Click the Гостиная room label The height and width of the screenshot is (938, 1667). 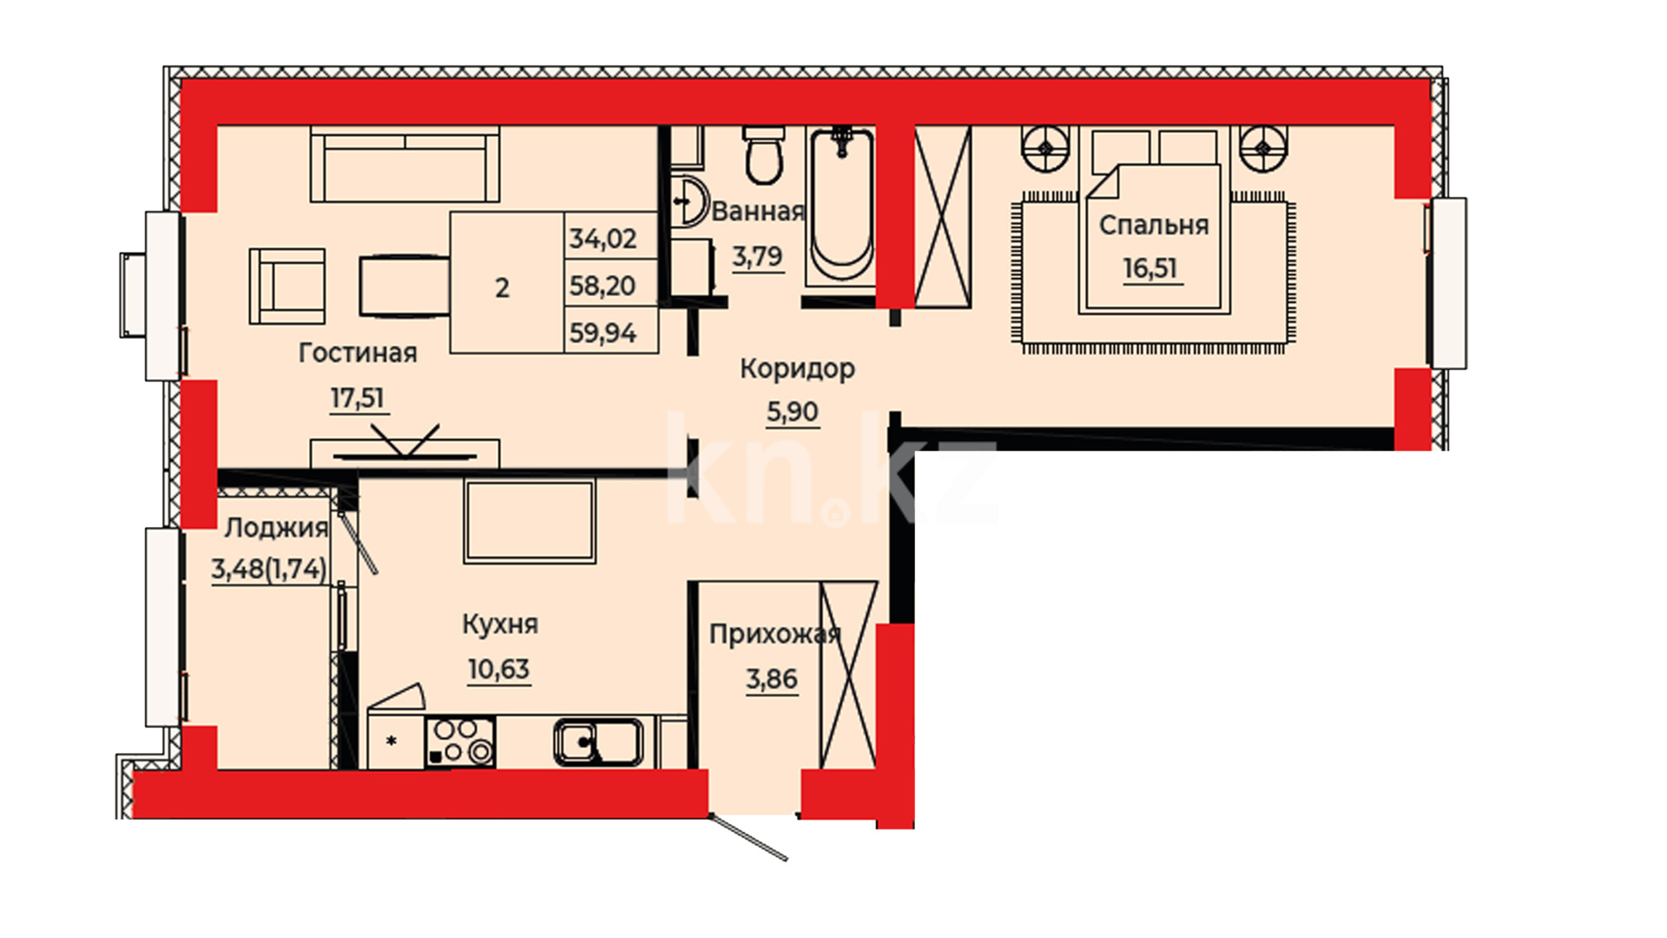click(358, 353)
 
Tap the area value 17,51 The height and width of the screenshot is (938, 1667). click(357, 398)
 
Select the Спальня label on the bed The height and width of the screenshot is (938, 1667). click(1154, 226)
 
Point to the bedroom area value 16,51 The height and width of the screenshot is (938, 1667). click(1150, 268)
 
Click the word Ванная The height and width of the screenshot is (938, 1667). click(758, 212)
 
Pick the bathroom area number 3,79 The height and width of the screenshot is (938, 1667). click(757, 256)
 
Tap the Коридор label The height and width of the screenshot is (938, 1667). click(797, 368)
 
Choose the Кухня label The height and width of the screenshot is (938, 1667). click(500, 624)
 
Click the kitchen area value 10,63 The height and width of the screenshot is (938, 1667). click(498, 670)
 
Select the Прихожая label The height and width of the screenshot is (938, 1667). click(775, 635)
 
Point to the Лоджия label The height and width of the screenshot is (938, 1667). click(276, 528)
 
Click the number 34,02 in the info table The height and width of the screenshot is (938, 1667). click(603, 238)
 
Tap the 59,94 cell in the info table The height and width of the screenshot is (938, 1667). click(603, 333)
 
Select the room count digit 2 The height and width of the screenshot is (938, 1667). click(502, 288)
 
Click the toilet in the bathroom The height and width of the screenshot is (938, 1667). click(764, 155)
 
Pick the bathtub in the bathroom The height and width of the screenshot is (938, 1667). click(840, 206)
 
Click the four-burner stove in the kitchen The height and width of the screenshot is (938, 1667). click(460, 742)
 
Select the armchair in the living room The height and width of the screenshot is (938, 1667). click(287, 287)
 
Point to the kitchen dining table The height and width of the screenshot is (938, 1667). click(530, 520)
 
